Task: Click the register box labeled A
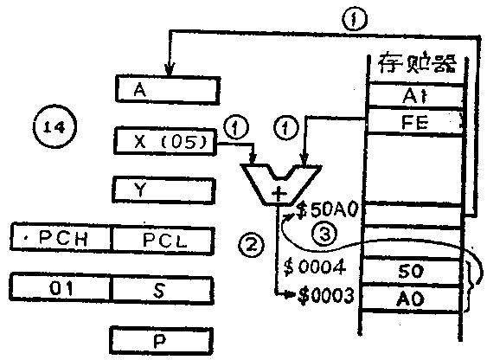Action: click(164, 89)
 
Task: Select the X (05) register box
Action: click(164, 138)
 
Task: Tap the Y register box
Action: click(164, 188)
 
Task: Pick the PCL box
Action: click(164, 235)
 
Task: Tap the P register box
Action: click(164, 337)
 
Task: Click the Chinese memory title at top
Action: click(414, 63)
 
